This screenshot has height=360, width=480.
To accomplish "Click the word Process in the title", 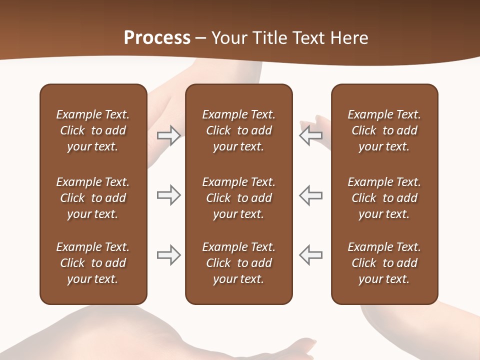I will point(157,38).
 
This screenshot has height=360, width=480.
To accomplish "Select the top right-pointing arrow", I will point(169,135).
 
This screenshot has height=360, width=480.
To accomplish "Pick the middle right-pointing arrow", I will point(169,195).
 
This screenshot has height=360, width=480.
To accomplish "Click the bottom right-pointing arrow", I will point(169,255).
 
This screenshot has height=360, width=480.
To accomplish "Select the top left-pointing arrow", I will point(310,135).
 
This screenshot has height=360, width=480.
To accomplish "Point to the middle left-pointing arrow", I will point(310,195).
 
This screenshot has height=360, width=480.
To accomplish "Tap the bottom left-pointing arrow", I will point(310,255).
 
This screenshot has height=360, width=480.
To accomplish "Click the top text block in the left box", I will point(93,130).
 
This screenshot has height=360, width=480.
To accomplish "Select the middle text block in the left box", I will point(93,198).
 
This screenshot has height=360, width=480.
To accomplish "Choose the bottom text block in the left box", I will point(93,263).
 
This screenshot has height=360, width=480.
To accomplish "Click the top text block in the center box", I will point(238,130).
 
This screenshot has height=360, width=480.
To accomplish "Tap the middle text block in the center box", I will point(238,198).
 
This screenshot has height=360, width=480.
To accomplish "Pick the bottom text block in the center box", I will point(238,263).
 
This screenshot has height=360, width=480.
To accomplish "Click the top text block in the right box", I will point(384,130).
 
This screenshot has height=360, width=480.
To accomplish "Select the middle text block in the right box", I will point(384,198).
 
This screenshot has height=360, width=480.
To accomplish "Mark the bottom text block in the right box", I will point(384,263).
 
